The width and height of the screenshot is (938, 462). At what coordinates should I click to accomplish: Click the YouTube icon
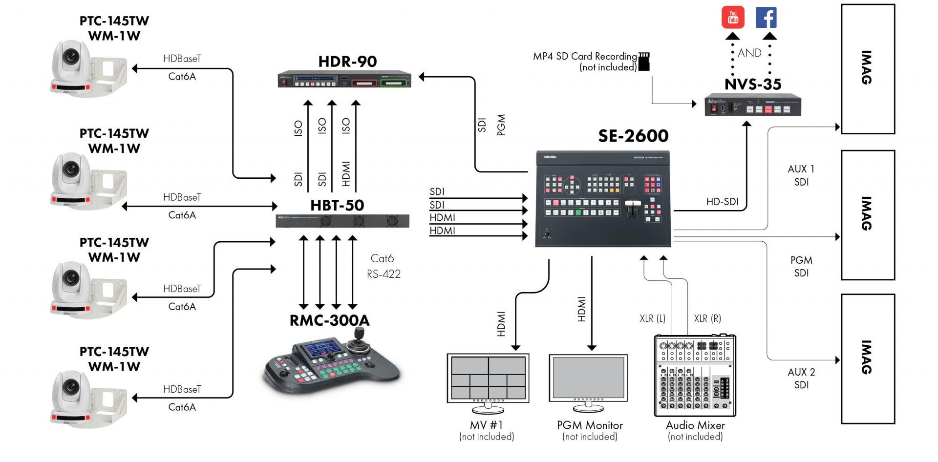(733, 18)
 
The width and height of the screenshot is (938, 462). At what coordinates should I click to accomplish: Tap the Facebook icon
(766, 18)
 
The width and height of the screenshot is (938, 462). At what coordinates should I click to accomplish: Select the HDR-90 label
(347, 62)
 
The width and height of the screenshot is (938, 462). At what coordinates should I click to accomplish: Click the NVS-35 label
(753, 84)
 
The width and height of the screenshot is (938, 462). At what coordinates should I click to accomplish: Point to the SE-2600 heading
(633, 136)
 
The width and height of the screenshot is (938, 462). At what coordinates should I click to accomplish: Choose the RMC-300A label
(329, 320)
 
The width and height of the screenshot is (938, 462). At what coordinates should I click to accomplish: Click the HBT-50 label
(337, 205)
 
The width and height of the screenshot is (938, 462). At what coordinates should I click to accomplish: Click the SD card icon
(644, 62)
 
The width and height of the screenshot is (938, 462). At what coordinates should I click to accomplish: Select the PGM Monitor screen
(588, 377)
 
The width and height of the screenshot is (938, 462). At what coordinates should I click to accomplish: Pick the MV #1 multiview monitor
(488, 378)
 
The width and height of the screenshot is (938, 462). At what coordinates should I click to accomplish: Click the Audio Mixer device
(695, 375)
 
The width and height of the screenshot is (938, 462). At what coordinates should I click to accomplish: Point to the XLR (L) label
(652, 318)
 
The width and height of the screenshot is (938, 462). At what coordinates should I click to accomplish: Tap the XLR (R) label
(707, 318)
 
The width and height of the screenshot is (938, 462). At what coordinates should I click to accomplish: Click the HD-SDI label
(722, 202)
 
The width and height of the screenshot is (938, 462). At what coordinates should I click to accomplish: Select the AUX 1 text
(801, 169)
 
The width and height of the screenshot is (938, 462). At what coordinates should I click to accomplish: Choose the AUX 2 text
(801, 372)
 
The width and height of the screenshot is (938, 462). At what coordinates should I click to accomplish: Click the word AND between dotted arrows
(749, 53)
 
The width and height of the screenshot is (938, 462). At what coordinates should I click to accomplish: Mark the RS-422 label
(384, 274)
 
